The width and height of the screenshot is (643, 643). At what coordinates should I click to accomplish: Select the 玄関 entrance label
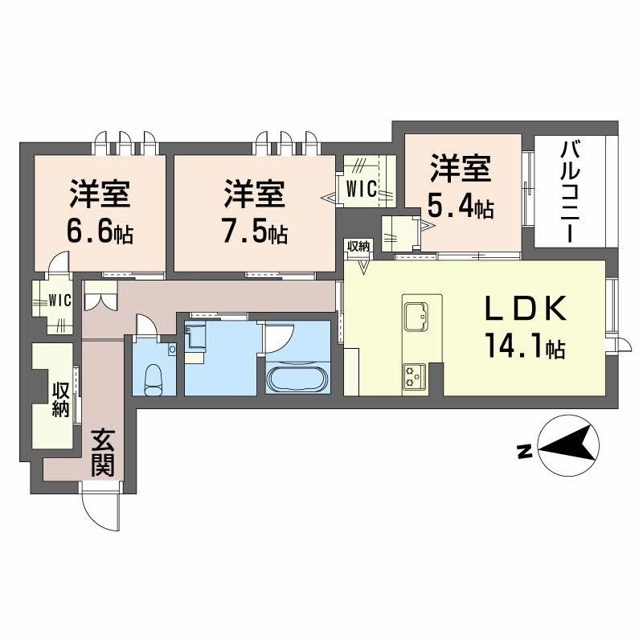pyautogui.click(x=101, y=453)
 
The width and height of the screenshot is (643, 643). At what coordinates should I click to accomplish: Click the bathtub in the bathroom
pyautogui.click(x=297, y=379)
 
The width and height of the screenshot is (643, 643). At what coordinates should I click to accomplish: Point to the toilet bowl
pyautogui.click(x=155, y=379)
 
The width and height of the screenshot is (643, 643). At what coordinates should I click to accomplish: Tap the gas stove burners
pyautogui.click(x=416, y=375)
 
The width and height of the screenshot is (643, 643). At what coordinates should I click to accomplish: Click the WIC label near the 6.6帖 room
pyautogui.click(x=59, y=301)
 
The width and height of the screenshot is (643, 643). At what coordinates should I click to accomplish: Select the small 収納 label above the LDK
pyautogui.click(x=358, y=246)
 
